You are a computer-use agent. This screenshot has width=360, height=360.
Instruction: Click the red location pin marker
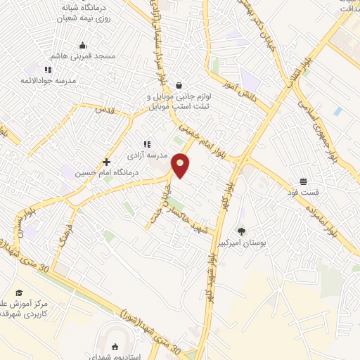coord(181,165)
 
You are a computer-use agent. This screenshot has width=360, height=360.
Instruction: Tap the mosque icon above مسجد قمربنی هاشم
coord(82,46)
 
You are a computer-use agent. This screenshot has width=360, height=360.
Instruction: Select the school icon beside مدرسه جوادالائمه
coord(47,70)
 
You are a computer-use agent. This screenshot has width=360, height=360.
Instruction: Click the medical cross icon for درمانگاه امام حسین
coord(106,162)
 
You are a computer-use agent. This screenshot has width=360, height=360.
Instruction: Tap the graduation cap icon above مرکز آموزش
coord(19,292)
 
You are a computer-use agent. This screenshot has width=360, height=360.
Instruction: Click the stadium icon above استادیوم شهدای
coord(115,346)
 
